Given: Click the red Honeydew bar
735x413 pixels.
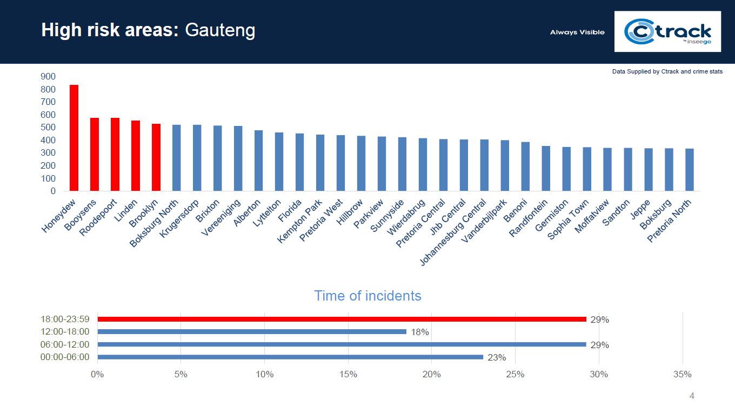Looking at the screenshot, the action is [x=74, y=138].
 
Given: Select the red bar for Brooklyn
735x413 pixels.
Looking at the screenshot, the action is [x=156, y=157].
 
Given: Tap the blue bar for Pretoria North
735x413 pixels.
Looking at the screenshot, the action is [x=690, y=170].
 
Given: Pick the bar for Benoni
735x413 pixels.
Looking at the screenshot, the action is [x=525, y=166].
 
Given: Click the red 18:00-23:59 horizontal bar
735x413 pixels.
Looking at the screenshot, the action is [x=342, y=319].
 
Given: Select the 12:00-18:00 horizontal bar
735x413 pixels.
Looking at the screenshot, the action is [x=252, y=331].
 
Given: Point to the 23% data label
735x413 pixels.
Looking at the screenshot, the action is [x=497, y=357].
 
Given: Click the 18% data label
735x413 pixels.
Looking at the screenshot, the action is [x=420, y=332].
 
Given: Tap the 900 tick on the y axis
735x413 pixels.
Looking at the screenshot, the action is [x=48, y=77].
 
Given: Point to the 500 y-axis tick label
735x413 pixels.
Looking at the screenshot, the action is [x=48, y=128].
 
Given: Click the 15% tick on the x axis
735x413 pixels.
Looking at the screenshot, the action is [x=348, y=374].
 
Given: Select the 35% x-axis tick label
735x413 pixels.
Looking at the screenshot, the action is [x=683, y=374].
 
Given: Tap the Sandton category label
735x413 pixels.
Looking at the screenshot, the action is [x=616, y=213].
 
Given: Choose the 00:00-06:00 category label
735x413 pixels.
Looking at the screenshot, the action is [x=65, y=357].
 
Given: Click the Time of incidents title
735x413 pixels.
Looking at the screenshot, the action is [x=367, y=296].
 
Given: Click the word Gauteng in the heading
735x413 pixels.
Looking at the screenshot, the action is [x=220, y=30].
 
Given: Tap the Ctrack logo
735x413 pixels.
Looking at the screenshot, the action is [x=667, y=31].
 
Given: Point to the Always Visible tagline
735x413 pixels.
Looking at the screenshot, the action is [x=577, y=32].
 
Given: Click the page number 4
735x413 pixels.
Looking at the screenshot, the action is [x=692, y=396].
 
